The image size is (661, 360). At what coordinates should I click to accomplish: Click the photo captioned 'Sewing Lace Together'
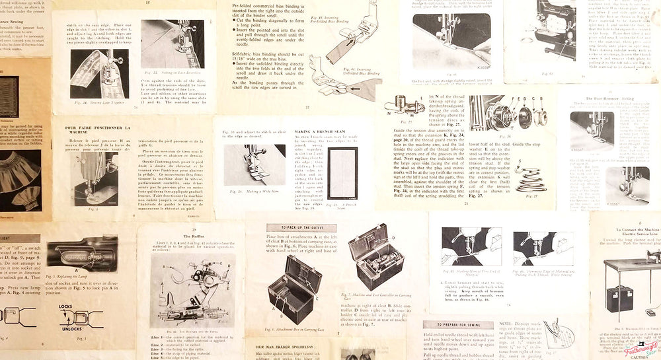pyautogui.click(x=99, y=73)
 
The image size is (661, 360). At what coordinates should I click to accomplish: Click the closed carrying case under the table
pyautogui.click(x=619, y=299)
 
